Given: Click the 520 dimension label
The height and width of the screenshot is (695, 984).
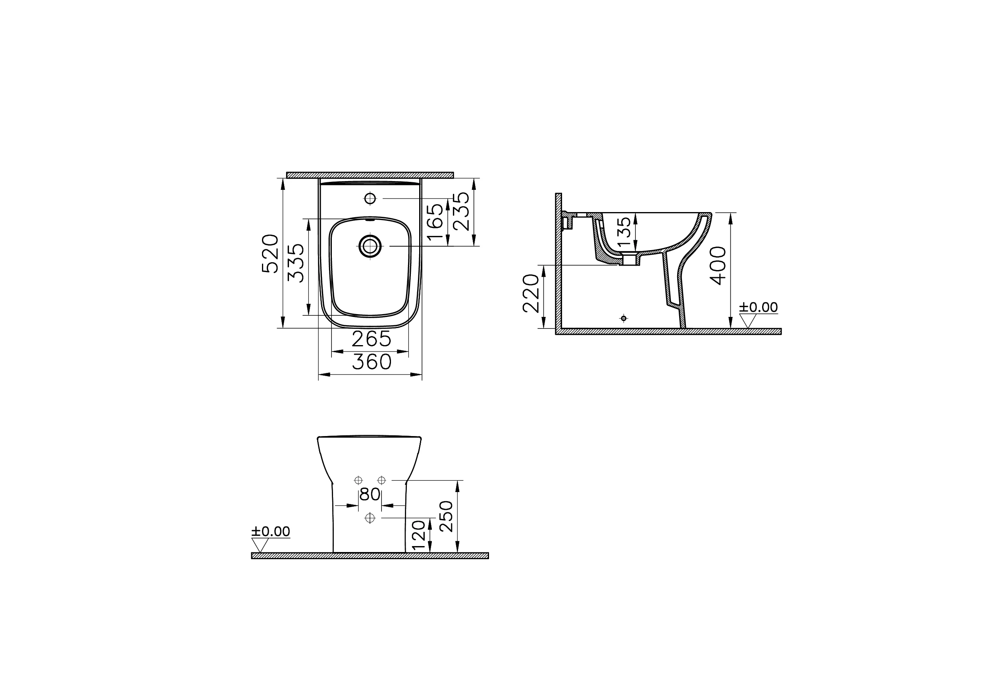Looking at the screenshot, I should click(270, 254).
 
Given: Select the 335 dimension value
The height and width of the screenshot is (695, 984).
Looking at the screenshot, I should click(296, 263).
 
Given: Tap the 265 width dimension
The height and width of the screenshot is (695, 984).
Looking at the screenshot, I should click(371, 340).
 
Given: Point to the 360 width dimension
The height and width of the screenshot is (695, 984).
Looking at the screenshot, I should click(371, 362).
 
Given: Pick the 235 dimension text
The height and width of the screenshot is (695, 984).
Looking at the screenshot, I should click(462, 211).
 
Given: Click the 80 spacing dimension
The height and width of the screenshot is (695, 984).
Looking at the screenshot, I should click(370, 494).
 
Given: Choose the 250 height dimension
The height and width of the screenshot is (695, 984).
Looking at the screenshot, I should click(446, 516).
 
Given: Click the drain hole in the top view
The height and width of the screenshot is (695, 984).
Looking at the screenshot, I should click(370, 246).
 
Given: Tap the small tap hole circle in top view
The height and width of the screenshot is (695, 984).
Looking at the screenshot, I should click(370, 199).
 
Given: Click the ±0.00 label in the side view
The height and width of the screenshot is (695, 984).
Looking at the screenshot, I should click(758, 307).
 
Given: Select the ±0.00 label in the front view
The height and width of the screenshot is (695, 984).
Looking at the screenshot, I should click(270, 532).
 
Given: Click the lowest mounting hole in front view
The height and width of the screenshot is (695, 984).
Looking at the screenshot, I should click(370, 518).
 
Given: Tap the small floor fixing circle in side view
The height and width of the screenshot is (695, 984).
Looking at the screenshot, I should click(624, 318).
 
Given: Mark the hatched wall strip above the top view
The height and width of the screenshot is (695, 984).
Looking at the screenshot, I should click(370, 175).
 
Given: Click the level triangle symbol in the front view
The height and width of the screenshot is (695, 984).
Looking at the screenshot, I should click(260, 545).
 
